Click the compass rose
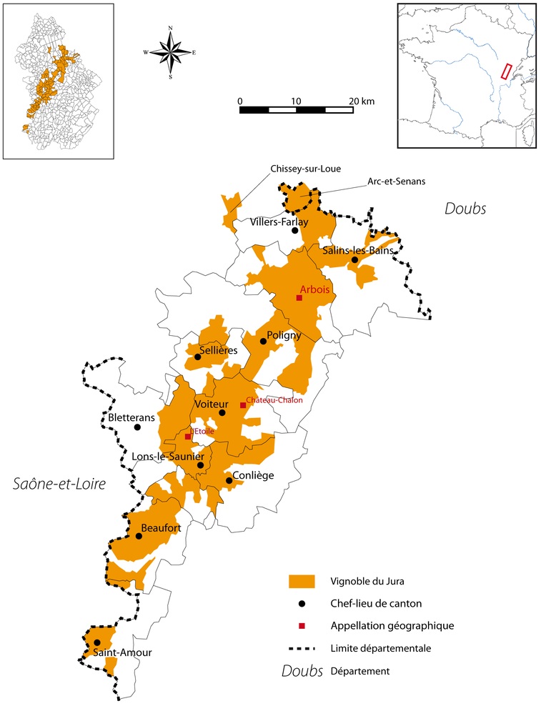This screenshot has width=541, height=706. coord(170,51)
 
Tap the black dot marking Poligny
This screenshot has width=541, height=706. coord(263,342)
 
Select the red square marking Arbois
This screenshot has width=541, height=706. coord(299,298)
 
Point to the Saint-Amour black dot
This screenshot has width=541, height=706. coord(96,642)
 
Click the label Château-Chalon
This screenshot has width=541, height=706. coord(274,400)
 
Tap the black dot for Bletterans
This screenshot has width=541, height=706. coord(137,427)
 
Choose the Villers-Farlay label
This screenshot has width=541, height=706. coord(279,222)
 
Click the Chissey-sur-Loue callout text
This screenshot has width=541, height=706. coord(306,169)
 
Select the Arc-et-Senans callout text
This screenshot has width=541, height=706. coord(396,182)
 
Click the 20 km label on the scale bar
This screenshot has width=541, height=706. coord(363,101)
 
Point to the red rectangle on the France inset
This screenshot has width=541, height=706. coord(505,71)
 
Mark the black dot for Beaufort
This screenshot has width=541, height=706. coord(139,536)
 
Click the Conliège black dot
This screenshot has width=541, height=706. coord(229,481)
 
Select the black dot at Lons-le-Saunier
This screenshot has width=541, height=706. coord(201,465)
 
